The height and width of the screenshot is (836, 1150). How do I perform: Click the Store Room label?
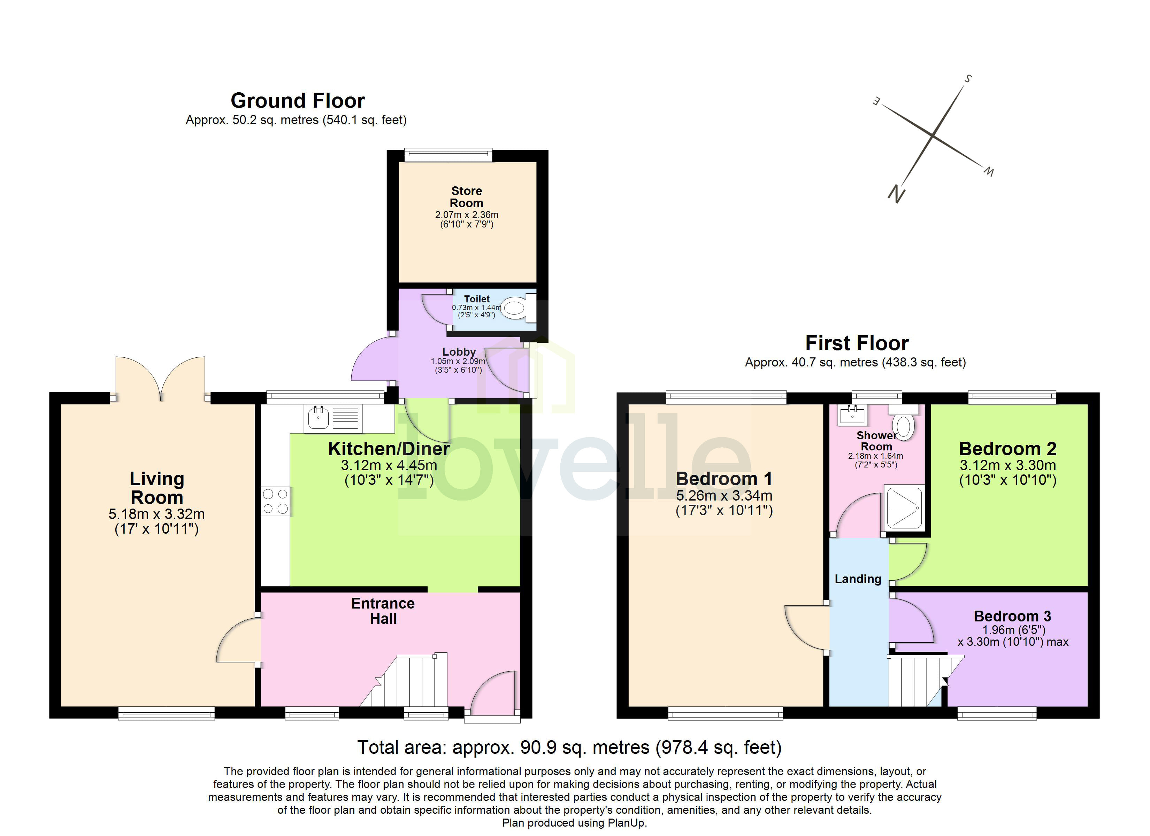click(x=467, y=197)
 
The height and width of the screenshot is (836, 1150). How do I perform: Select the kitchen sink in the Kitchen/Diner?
click(x=319, y=418)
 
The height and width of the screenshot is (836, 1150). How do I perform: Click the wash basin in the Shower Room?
click(x=852, y=415)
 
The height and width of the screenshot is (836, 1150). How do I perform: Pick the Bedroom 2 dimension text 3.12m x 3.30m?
click(x=1007, y=465)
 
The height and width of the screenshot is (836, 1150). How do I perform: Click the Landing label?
click(x=858, y=579)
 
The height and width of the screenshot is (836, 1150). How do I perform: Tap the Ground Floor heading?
click(x=298, y=100)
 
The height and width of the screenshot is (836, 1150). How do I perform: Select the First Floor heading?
click(x=857, y=343)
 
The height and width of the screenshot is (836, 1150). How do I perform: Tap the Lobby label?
click(x=459, y=351)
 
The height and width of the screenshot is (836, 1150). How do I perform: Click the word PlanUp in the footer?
click(x=627, y=823)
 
